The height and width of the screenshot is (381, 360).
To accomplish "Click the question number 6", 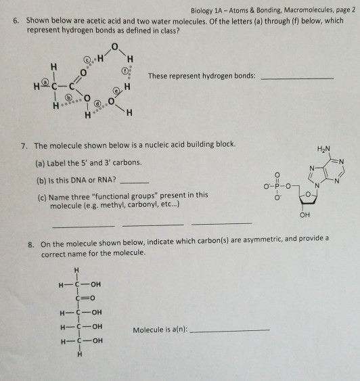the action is pos(16,22).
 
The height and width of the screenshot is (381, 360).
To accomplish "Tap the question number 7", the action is pos(24,145).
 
